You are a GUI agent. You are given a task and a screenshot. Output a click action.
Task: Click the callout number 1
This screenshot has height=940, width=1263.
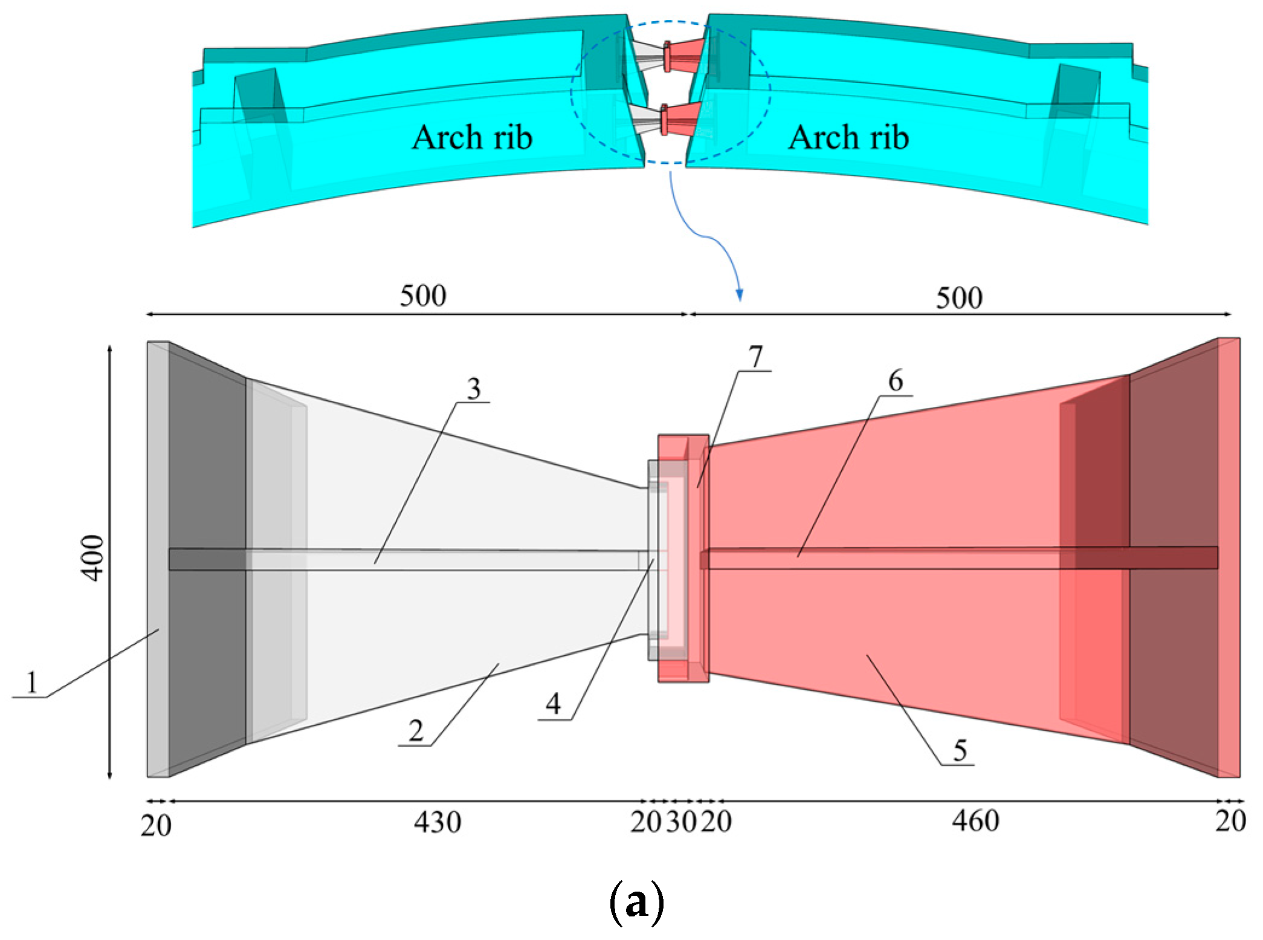32,682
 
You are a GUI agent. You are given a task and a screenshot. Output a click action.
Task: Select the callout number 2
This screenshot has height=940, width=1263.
416,731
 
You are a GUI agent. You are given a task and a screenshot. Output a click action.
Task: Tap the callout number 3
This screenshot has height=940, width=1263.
474,388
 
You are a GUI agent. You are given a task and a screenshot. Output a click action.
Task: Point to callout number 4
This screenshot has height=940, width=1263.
553,704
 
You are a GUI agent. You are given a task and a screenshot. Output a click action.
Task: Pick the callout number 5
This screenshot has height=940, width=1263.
960,750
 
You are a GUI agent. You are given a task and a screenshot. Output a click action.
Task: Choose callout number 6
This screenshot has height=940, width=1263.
896,381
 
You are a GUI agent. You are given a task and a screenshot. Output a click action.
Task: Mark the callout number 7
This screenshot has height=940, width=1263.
755,356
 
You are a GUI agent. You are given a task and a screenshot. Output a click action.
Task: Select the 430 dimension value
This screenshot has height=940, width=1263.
438,823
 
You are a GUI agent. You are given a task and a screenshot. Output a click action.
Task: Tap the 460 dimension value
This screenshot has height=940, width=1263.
975,822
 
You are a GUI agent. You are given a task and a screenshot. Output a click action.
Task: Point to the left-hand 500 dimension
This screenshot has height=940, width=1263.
423,296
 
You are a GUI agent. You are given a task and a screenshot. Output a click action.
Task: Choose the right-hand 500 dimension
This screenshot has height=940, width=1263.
959,297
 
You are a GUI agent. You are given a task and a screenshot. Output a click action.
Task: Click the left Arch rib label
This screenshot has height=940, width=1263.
472,137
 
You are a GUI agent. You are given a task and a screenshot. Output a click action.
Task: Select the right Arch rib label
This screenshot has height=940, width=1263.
848,137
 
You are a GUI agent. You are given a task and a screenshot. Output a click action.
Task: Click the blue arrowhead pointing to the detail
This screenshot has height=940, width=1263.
739,295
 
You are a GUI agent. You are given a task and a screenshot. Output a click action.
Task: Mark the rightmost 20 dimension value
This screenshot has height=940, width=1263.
1230,822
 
